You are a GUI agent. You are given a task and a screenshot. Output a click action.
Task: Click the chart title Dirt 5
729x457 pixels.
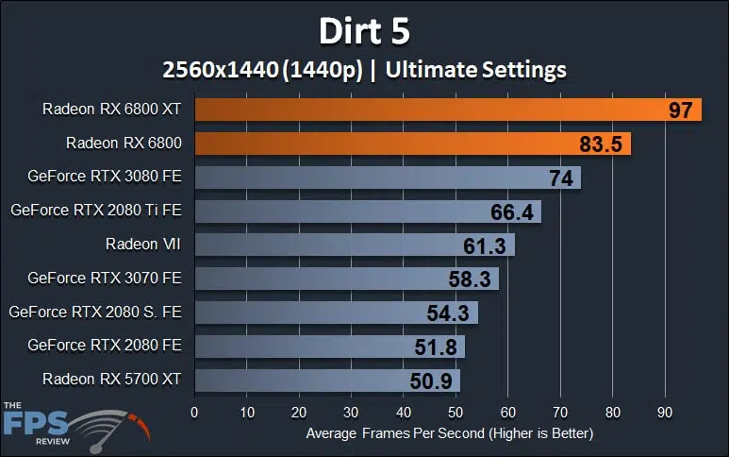364,30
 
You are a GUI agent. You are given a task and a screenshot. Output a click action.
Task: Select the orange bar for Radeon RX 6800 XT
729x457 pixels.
424,110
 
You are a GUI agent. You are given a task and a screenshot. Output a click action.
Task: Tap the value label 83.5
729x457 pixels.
597,144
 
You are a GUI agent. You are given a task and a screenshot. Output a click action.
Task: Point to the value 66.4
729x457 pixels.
512,212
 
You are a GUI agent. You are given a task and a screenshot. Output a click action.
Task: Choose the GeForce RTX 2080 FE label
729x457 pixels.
105,346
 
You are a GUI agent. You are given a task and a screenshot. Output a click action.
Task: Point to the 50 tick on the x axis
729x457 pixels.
456,412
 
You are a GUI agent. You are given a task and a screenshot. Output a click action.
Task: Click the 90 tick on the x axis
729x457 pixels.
666,412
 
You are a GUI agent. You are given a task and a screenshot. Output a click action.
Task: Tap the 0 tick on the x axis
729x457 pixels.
194,412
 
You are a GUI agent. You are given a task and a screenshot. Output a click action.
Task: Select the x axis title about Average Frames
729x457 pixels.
449,433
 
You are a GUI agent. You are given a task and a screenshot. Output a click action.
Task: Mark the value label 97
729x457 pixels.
680,110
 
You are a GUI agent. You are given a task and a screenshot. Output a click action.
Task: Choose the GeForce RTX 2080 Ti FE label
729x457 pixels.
95,211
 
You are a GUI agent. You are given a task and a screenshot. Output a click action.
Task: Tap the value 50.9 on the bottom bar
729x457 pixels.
432,380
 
